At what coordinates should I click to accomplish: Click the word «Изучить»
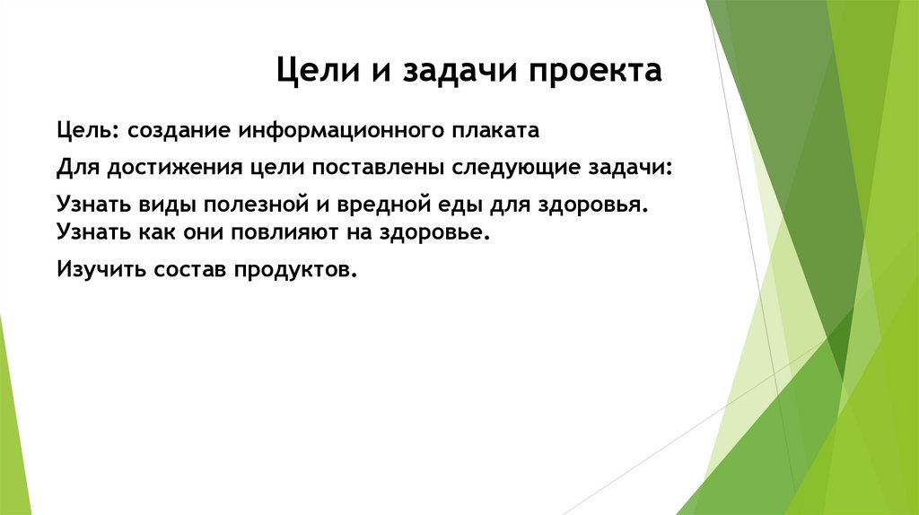point(96,269)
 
